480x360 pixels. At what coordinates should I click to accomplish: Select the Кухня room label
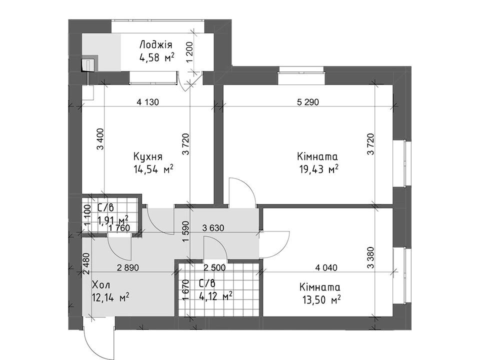point(148,156)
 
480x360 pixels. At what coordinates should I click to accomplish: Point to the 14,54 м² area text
point(153,168)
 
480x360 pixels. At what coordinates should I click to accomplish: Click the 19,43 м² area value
point(318,168)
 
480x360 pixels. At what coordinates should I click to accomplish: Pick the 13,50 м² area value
point(320,299)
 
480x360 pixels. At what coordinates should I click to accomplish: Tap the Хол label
point(100,285)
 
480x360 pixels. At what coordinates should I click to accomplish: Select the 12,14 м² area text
point(110,296)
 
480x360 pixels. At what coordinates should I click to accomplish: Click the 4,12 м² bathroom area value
point(215,296)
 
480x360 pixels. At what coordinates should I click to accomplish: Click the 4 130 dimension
point(148,101)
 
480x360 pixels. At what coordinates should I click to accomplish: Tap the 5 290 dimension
point(307,101)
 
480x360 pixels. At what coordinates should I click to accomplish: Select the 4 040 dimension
point(326,267)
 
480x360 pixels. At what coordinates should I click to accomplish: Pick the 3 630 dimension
point(213,228)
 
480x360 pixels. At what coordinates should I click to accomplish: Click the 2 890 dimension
point(127,267)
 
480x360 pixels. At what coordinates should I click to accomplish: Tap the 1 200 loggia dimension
point(190,51)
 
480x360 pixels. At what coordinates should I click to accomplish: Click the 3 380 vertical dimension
point(370,258)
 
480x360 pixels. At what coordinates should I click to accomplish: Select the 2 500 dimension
point(214,267)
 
